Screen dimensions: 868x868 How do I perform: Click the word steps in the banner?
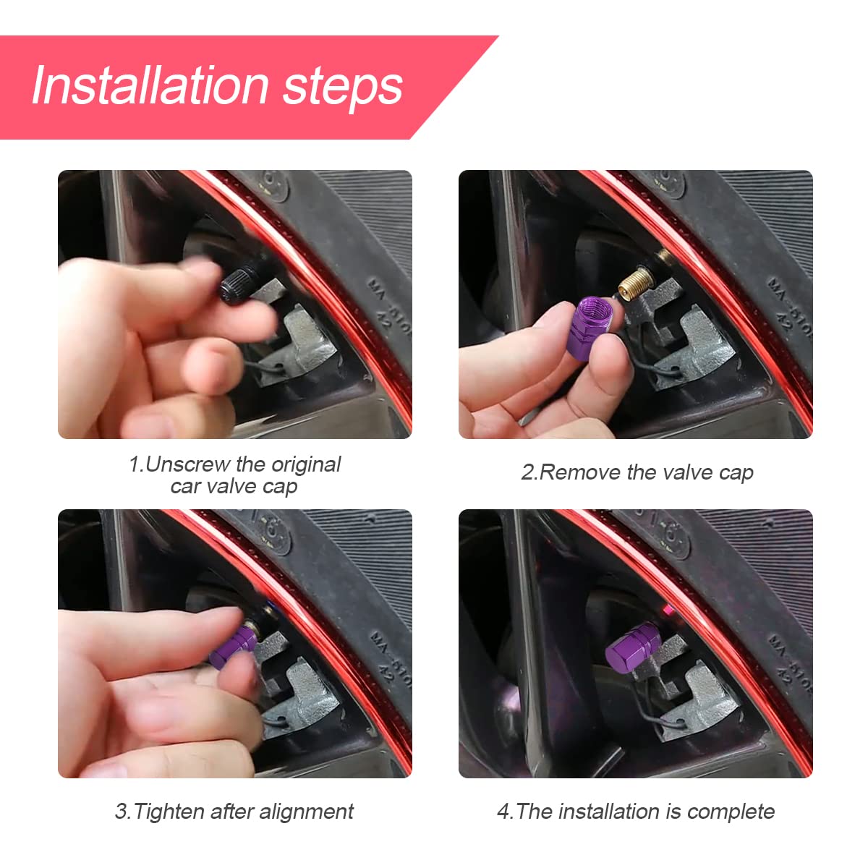coord(342,88)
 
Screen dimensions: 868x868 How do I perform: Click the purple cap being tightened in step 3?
coord(233,646)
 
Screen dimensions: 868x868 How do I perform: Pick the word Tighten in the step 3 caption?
coord(169,812)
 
